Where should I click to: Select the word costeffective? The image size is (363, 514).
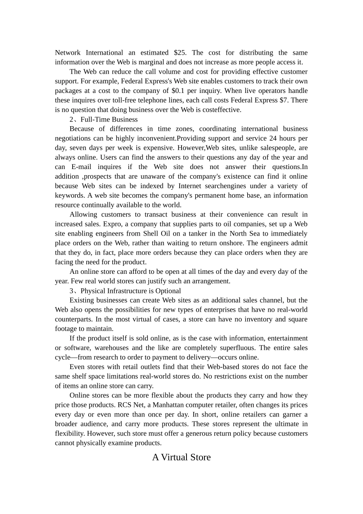click(x=221, y=110)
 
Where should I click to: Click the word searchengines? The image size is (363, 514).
click(x=224, y=186)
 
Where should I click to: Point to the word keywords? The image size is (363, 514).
click(x=68, y=195)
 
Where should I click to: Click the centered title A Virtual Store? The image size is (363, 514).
click(x=181, y=457)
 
